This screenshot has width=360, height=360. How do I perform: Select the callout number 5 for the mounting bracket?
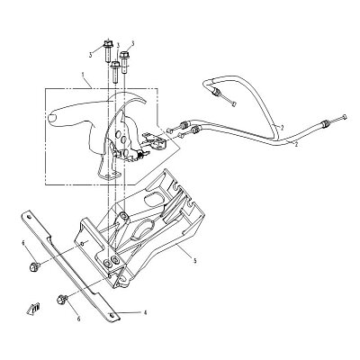pos(194,261)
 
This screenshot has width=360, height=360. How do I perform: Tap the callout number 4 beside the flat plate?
pos(145,312)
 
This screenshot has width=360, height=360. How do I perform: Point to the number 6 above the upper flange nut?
pos(22,242)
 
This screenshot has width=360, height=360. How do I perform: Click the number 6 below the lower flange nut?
pos(79,319)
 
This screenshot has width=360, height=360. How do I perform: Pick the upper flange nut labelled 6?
pos(33,265)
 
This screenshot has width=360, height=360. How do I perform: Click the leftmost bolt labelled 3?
pos(108,51)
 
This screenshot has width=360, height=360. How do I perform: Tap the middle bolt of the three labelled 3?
pos(115,72)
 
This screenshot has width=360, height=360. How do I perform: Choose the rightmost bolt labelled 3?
pos(124,62)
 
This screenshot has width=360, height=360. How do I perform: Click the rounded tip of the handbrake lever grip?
pos(51,117)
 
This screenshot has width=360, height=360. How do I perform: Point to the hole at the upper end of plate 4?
pos(28,218)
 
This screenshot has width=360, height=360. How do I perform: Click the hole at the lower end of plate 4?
pos(112,315)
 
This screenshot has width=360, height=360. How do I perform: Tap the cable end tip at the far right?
pos(345,117)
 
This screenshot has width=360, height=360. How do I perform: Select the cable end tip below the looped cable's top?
pos(234,103)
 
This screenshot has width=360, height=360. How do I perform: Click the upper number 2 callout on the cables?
pos(282,128)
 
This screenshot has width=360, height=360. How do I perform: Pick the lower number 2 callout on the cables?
pos(296,145)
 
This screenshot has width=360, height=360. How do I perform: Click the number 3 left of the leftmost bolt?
pos(90,55)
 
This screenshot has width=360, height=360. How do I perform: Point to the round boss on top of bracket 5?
pos(123,216)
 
